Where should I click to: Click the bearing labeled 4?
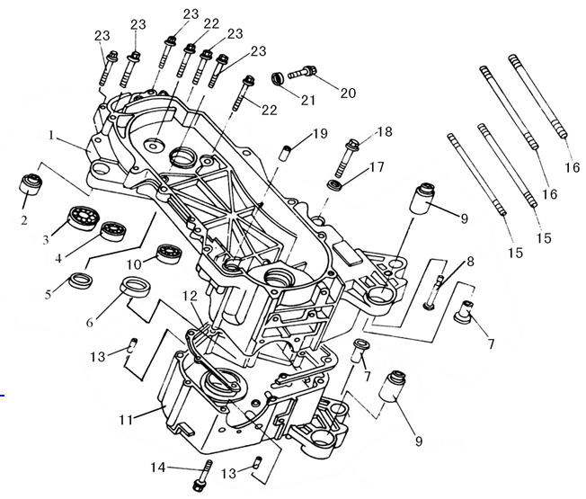pyautogui.click(x=111, y=230)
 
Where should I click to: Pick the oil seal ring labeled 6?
pyautogui.click(x=136, y=290)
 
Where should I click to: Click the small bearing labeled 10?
pyautogui.click(x=169, y=254)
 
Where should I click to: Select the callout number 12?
pyautogui.click(x=191, y=296)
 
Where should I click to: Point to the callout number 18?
pyautogui.click(x=385, y=132)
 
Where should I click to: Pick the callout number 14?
pyautogui.click(x=158, y=467)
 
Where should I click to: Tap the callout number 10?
pyautogui.click(x=133, y=264)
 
